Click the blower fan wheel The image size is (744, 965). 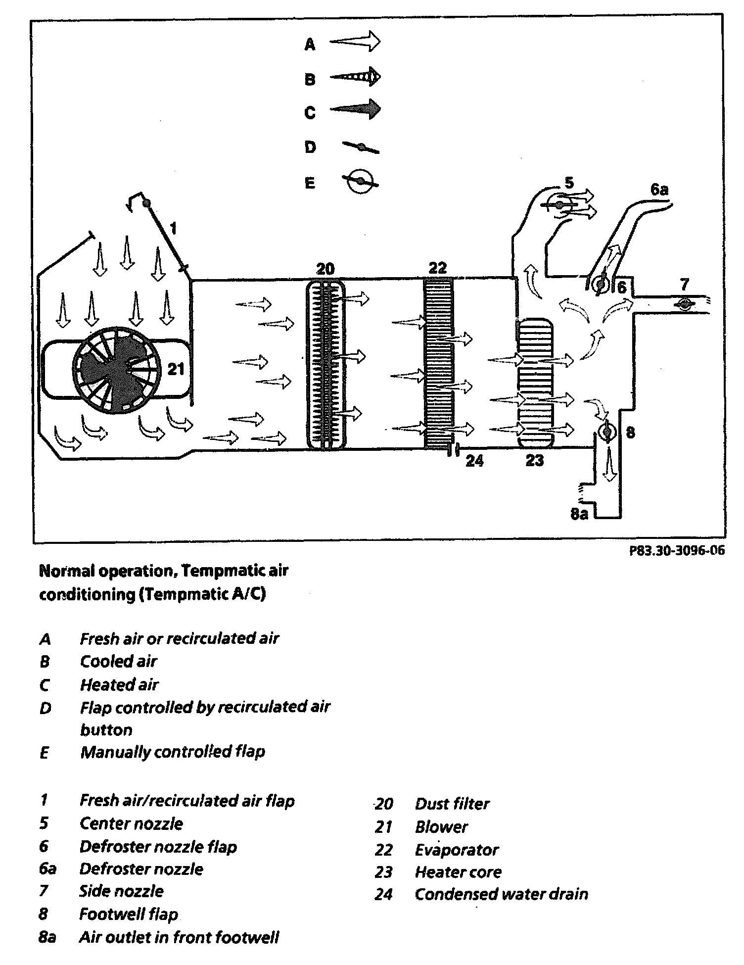pos(117,369)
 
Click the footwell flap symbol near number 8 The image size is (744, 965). pos(605,432)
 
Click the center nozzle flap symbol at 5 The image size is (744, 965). pos(559,205)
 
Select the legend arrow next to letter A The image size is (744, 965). pos(355,42)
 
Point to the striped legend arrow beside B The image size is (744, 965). pos(355,77)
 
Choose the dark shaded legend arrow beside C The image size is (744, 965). pos(355,109)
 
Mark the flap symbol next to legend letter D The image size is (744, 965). pos(361,147)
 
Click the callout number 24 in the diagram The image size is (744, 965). pos(474,461)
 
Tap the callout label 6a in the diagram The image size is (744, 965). pos(659,190)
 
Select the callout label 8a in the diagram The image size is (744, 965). pos(579,514)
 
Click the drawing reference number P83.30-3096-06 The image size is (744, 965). pos(677,551)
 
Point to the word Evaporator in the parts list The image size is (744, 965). pos(457,850)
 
